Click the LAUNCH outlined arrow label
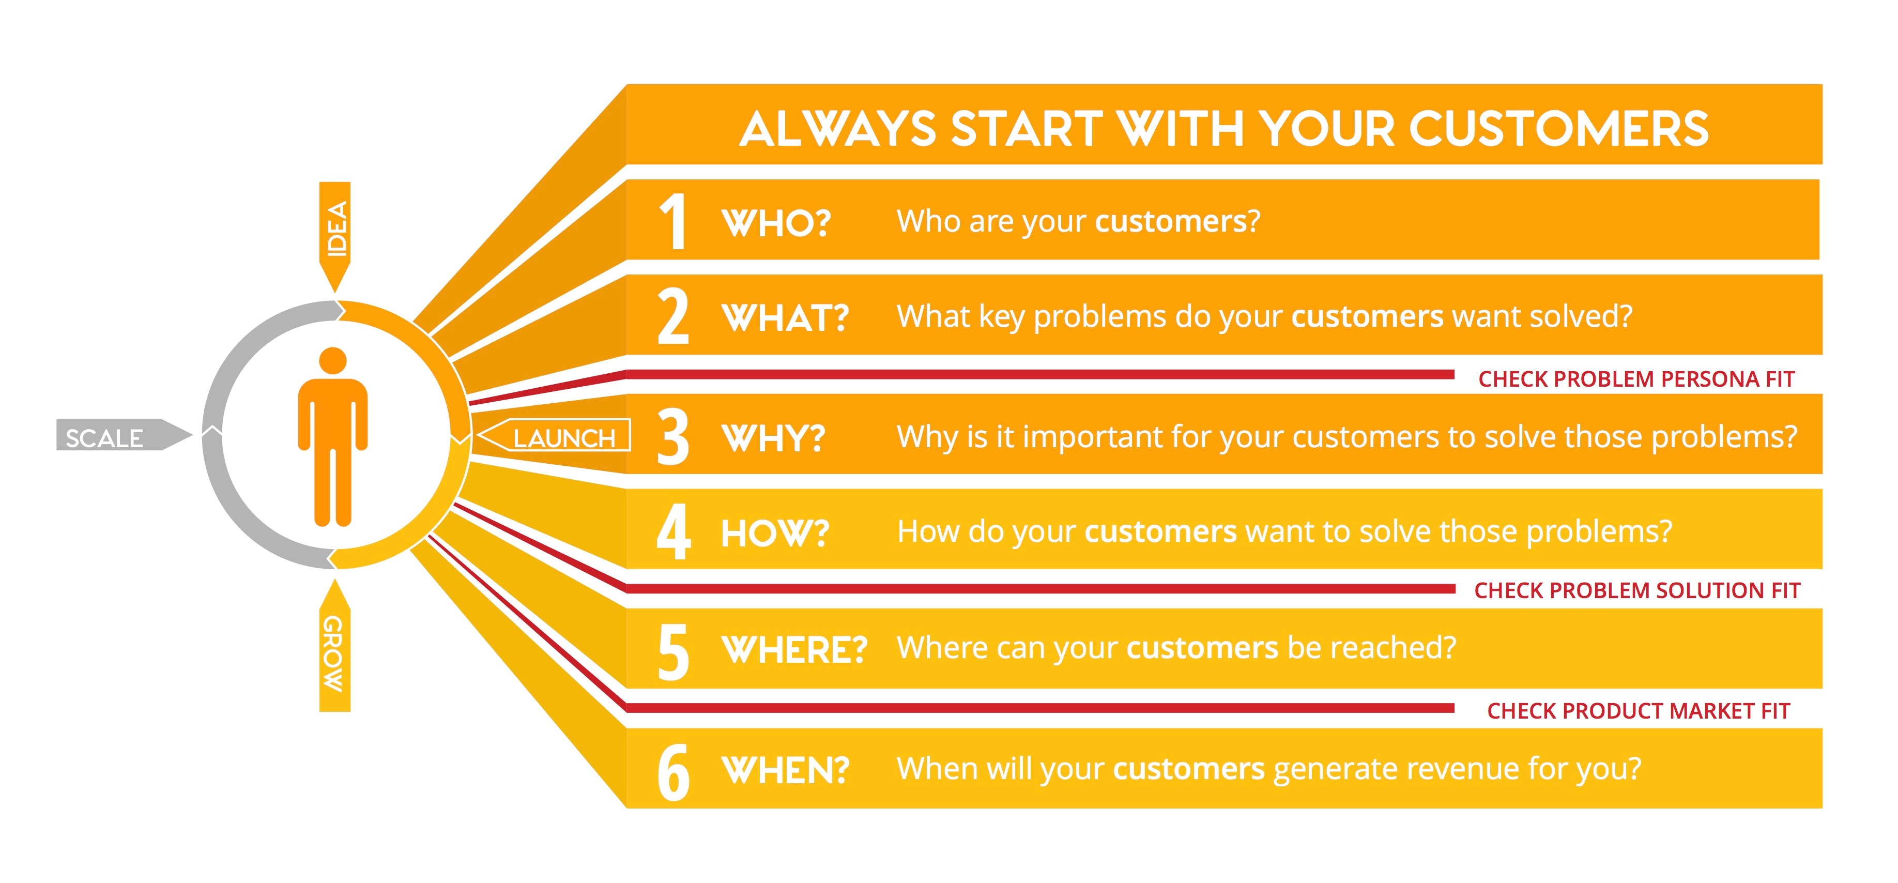click(x=554, y=435)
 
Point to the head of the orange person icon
click(x=333, y=360)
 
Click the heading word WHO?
click(x=776, y=223)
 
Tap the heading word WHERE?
click(x=795, y=649)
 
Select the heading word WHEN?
click(x=786, y=770)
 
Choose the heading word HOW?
click(x=776, y=533)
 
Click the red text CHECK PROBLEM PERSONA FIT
click(x=1636, y=379)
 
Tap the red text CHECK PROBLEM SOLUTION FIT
click(x=1637, y=590)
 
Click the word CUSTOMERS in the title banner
click(x=1559, y=129)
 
